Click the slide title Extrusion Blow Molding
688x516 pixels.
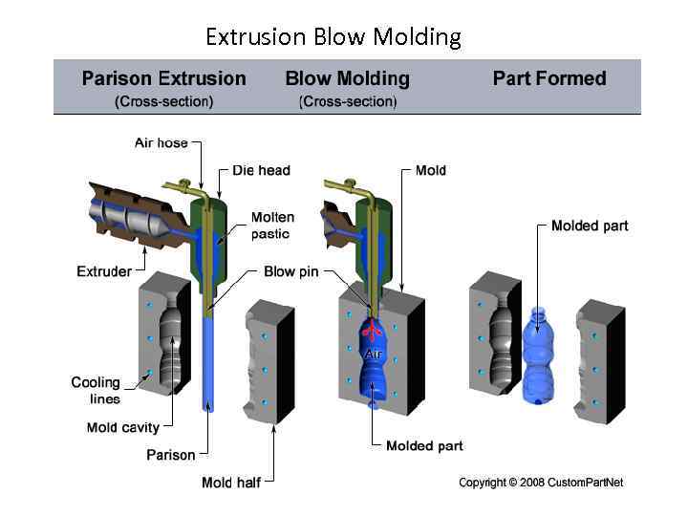(333, 37)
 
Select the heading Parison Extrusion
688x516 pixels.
(163, 79)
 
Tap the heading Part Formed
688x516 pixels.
(549, 79)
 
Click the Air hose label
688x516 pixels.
(161, 143)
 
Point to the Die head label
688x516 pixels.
(261, 170)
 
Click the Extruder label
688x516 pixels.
(104, 271)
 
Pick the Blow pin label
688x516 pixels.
(290, 272)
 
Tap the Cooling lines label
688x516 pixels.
(96, 390)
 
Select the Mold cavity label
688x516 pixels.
(123, 427)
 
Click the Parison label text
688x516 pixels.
(170, 455)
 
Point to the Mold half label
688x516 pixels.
(230, 482)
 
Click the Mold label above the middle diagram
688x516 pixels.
(430, 170)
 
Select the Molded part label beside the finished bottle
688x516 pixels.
(590, 226)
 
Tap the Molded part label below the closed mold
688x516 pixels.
(424, 446)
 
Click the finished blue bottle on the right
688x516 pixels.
(540, 358)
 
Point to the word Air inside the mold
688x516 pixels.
(373, 355)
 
